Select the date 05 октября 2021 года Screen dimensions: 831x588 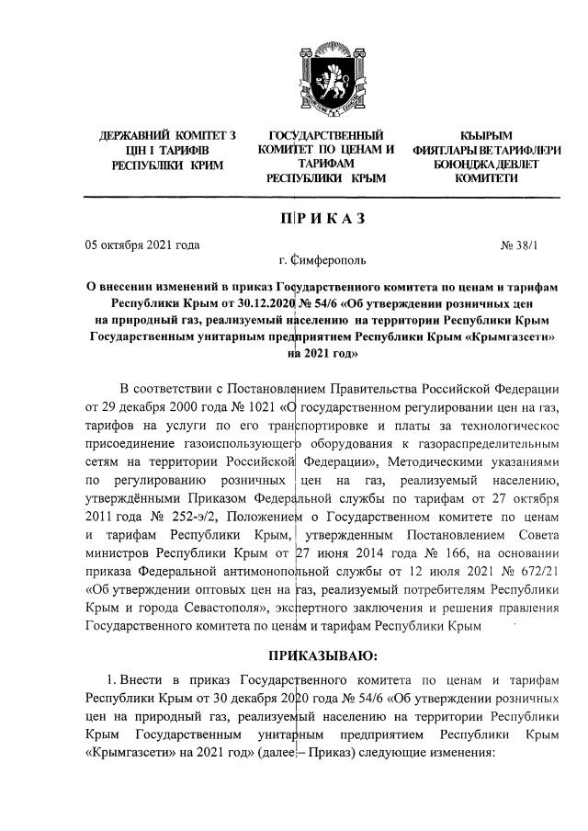pos(142,245)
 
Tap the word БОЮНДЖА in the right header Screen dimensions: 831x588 pos(465,164)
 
